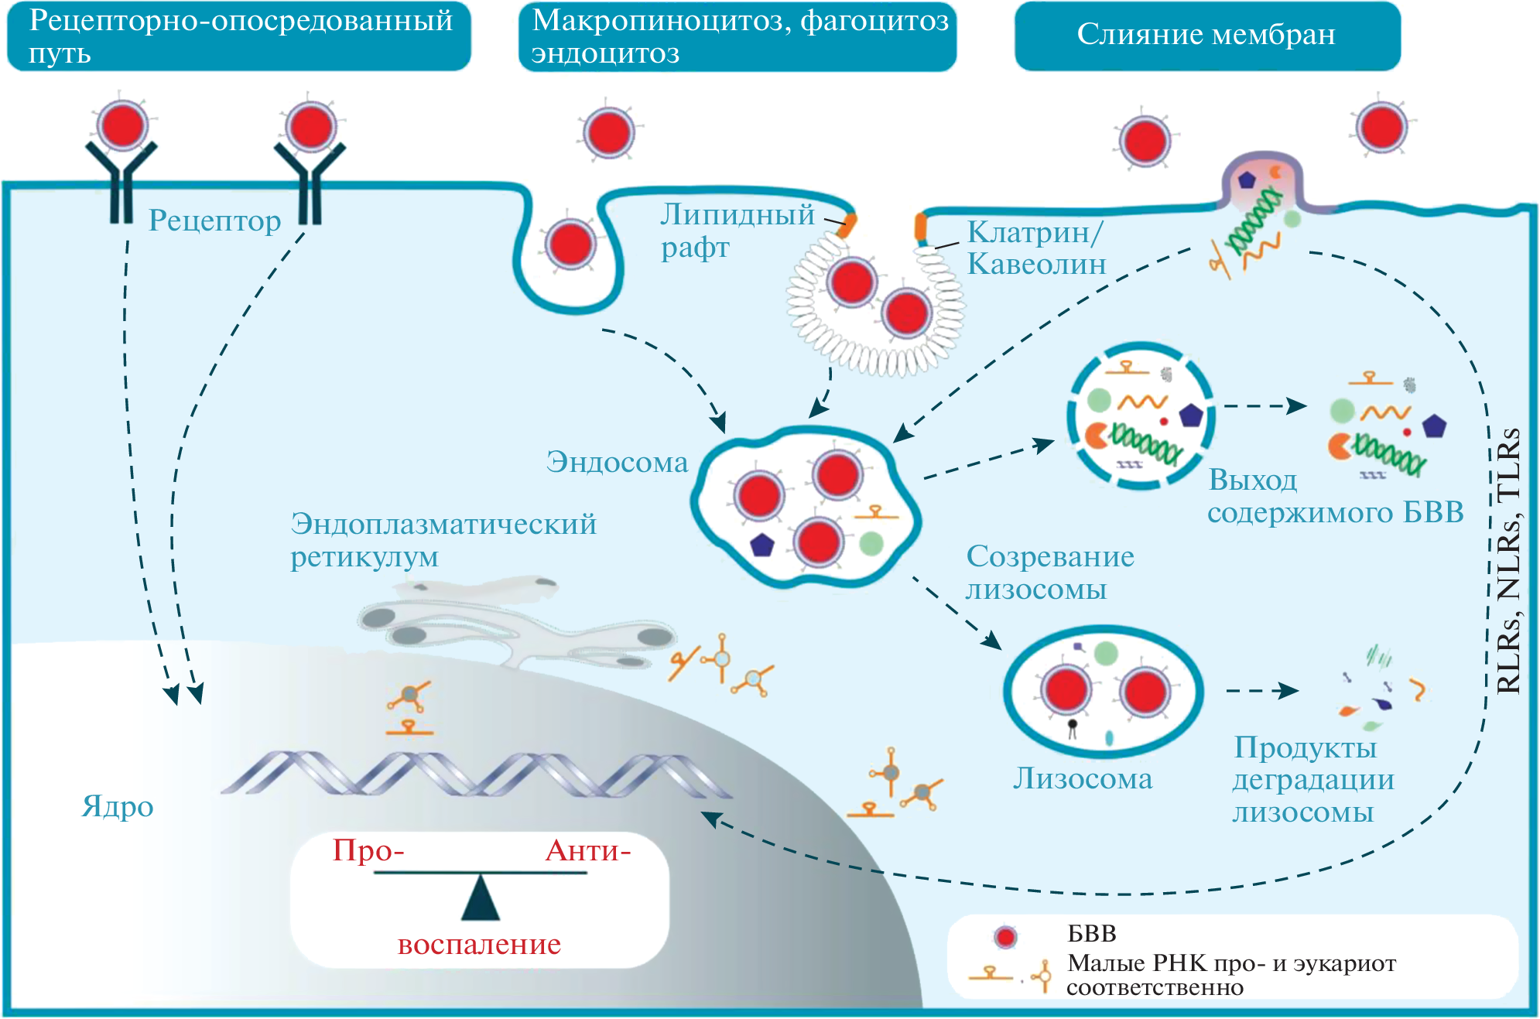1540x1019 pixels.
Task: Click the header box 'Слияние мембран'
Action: (x=1206, y=36)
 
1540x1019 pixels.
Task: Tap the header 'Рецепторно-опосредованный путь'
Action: (x=239, y=36)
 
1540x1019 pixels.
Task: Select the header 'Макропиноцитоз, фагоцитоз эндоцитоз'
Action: (x=737, y=36)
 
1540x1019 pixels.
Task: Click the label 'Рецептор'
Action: (x=214, y=221)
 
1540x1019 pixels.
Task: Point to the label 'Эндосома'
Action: (x=617, y=463)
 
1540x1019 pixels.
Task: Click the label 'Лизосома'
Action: (x=1083, y=779)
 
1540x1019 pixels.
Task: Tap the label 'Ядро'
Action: (x=118, y=807)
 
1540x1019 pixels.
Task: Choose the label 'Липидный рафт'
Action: (x=737, y=231)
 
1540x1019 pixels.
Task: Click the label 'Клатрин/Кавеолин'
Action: (x=1036, y=248)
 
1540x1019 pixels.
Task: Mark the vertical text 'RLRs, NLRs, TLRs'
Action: (x=1509, y=561)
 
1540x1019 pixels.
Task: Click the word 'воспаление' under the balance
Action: (x=479, y=945)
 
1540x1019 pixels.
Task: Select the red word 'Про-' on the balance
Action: (x=368, y=851)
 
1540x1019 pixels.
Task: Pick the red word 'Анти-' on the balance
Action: (x=588, y=851)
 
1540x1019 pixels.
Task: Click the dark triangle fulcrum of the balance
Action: (x=481, y=900)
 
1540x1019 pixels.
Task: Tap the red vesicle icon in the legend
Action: (x=1005, y=937)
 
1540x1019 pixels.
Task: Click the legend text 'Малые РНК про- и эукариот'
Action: (x=1231, y=964)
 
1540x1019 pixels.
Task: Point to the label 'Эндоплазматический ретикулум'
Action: (x=443, y=540)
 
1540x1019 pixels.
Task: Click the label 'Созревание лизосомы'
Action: (x=1050, y=573)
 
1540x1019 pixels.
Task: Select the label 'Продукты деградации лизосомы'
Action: (x=1313, y=780)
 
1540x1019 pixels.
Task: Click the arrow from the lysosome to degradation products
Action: (x=1262, y=690)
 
